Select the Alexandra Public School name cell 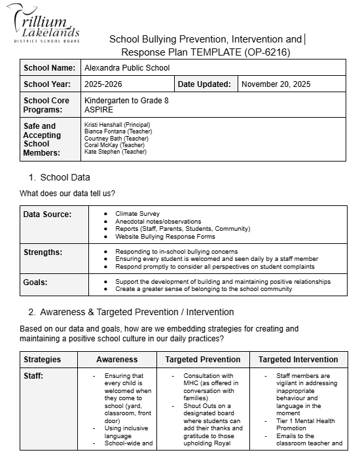coord(127,67)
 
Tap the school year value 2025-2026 coord(103,84)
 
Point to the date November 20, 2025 coord(276,84)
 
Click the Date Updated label coord(204,84)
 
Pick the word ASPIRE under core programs coord(99,109)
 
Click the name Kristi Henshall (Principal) coord(117,125)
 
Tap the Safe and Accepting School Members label coord(42,139)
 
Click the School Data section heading coord(65,177)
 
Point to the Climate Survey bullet coord(137,214)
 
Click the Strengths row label coord(43,252)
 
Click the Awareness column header coord(117,359)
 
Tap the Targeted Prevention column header coord(203,359)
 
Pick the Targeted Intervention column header coord(298,359)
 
